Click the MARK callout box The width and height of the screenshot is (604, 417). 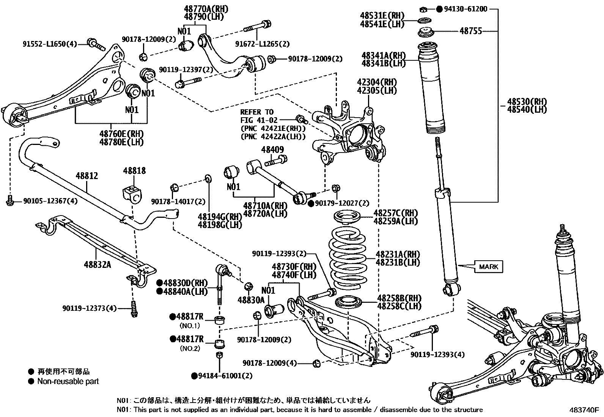[x=489, y=267]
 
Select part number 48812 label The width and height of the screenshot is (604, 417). [x=87, y=176]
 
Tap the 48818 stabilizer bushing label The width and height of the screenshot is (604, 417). [x=134, y=171]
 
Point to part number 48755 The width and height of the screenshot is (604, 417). [x=470, y=31]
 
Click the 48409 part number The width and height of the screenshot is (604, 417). [x=272, y=149]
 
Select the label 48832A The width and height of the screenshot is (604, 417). [x=97, y=264]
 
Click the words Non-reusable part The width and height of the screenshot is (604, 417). [x=68, y=381]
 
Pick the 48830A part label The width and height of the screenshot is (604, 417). [x=251, y=300]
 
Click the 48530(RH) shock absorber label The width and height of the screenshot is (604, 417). [x=527, y=101]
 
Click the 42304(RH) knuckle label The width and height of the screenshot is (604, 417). [x=376, y=82]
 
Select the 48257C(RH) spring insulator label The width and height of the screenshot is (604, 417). [x=395, y=213]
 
